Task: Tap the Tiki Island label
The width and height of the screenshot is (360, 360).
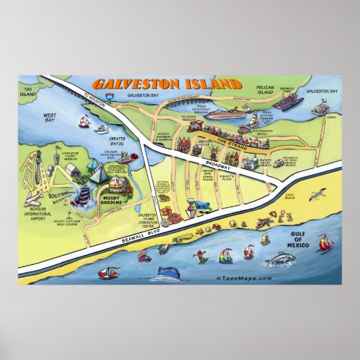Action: (x=27, y=91)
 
